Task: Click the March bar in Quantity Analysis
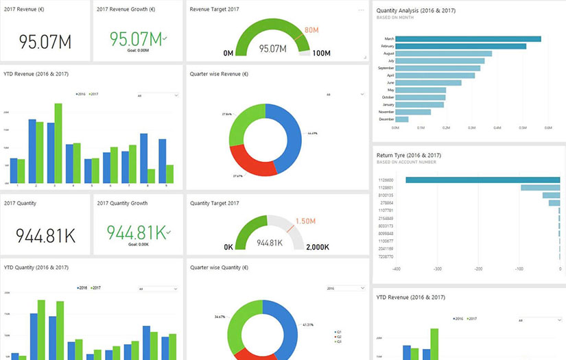468,39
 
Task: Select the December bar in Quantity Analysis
402,119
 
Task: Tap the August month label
388,53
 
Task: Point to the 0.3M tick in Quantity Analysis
471,128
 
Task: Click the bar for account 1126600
482,180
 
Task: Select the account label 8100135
386,195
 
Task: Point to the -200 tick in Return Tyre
478,269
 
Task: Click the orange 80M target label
311,30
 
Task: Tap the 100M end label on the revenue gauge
321,53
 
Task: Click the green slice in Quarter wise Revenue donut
244,123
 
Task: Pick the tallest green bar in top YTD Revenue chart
58,143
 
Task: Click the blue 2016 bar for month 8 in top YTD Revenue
143,158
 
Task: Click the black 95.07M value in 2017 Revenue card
45,42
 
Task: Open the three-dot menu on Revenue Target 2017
362,11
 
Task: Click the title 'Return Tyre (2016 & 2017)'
410,156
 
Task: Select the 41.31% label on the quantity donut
308,324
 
